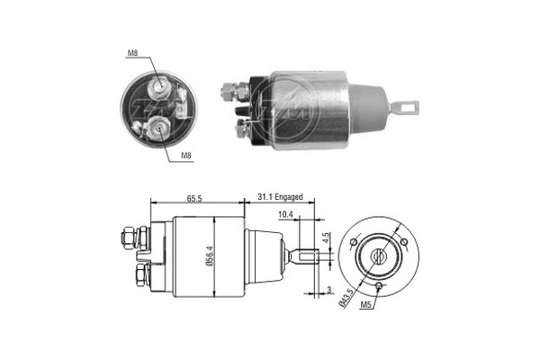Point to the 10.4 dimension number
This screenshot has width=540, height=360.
point(285,214)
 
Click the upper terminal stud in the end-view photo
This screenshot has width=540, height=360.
point(160,85)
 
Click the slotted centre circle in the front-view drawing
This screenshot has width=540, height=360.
point(379,256)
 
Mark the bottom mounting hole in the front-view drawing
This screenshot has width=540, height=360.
point(379,287)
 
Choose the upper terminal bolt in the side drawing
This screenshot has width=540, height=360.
point(128,239)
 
